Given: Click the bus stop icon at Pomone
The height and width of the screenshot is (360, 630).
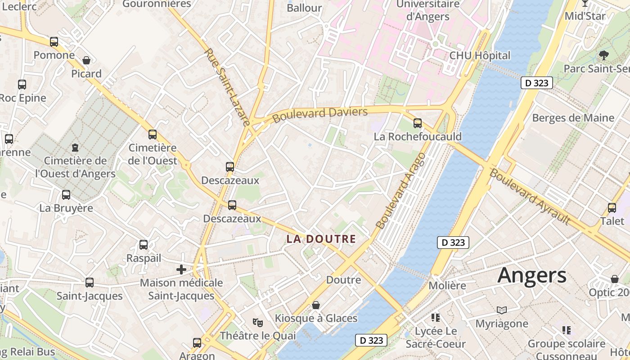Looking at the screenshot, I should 54,42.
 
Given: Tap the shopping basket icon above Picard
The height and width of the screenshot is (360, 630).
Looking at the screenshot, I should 86,60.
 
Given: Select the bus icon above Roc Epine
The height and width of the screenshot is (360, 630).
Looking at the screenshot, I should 22,84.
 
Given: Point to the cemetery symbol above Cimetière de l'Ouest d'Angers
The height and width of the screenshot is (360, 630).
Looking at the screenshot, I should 75,147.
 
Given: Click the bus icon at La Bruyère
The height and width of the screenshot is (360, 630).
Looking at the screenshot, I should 66,195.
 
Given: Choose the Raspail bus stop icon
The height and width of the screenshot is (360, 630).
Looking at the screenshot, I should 144,245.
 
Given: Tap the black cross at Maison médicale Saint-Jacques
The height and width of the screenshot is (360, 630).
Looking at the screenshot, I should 181,270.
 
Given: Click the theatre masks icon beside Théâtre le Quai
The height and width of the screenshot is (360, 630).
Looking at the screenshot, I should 257,322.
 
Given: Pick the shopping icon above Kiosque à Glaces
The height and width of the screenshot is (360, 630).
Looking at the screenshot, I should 316,305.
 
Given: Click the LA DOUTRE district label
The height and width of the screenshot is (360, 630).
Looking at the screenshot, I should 321,239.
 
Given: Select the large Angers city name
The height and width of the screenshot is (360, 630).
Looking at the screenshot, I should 532,275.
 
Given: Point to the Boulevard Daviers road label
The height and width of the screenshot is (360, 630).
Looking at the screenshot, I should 320,114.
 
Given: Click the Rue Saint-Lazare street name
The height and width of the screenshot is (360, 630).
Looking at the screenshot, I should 227,87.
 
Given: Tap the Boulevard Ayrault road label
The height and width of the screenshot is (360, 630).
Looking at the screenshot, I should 530,197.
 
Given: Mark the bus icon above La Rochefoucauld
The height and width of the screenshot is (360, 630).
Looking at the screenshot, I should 418,123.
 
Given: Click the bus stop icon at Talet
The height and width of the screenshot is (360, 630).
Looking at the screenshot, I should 612,208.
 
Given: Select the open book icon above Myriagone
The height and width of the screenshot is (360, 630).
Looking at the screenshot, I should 502,310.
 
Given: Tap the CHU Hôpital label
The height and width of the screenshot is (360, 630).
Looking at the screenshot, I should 480,56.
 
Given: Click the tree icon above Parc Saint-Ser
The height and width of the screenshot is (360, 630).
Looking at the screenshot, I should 603,55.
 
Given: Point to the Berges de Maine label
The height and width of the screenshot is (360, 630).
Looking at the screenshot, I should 573,118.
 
